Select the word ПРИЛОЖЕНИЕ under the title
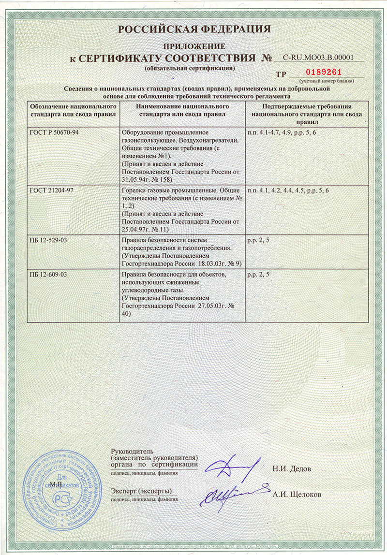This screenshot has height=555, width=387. click(194, 46)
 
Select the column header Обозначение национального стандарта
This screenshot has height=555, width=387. click(71, 110)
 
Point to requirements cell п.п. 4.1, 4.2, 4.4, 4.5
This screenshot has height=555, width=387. click(288, 190)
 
